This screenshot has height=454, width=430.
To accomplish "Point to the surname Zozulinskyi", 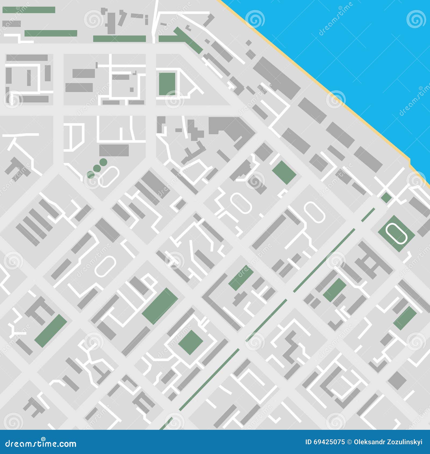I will click(406, 442).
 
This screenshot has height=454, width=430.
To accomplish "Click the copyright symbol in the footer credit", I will click(349, 442).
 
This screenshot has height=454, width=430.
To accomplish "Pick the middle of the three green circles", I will click(97, 168).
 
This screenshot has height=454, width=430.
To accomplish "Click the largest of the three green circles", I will click(103, 162).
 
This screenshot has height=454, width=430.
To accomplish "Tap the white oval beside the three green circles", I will click(109, 176).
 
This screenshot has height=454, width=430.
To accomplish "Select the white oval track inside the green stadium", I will click(396, 233).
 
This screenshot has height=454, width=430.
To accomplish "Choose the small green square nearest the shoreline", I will click(386, 197).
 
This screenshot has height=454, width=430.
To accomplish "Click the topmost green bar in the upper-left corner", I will click(29, 10).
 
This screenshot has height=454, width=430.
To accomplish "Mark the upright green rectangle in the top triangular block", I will click(167, 84).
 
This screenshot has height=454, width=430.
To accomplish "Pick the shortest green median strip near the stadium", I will click(368, 215).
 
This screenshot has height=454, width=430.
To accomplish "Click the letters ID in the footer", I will click(309, 442).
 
